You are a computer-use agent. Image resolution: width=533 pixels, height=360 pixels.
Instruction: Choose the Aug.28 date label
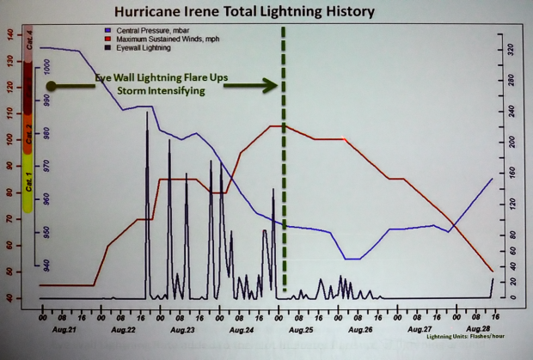point(477,329)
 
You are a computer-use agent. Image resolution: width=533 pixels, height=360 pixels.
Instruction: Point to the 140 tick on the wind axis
point(10,34)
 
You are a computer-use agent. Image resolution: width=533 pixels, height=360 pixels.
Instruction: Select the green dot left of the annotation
point(52,86)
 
